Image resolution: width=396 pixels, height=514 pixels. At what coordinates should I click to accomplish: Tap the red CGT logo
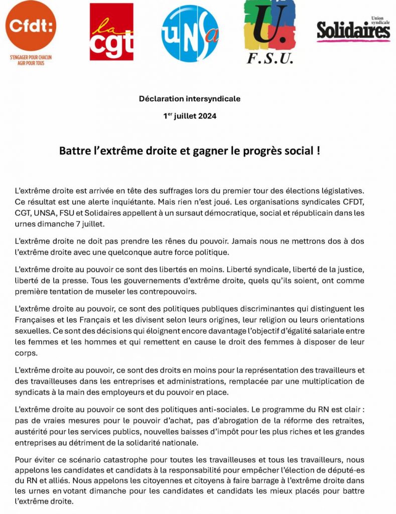pyautogui.click(x=111, y=32)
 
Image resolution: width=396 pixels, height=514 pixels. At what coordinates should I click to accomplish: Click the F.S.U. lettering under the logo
pyautogui.click(x=270, y=59)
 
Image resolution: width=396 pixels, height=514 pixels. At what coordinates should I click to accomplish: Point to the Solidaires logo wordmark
pyautogui.click(x=353, y=31)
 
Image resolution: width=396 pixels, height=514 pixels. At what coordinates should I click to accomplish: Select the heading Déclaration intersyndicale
pyautogui.click(x=190, y=99)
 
